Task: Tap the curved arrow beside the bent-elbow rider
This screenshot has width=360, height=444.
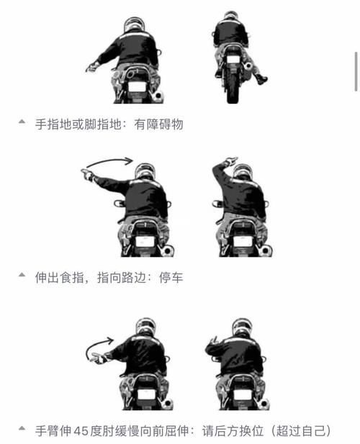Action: click(97, 347)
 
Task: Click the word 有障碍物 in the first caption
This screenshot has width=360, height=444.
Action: click(159, 124)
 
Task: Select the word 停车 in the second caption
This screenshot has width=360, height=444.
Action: click(171, 276)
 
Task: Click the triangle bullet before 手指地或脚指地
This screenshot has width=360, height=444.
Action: click(22, 123)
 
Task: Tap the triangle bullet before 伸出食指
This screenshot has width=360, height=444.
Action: click(22, 276)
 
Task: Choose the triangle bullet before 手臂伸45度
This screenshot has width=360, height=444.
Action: click(22, 430)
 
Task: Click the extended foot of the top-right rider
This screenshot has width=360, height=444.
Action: click(261, 79)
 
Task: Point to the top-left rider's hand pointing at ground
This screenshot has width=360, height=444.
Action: click(91, 68)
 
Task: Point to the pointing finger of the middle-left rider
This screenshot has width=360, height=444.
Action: click(86, 173)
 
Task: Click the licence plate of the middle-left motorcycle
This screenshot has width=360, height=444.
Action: click(145, 242)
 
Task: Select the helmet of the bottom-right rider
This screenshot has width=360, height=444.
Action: click(240, 325)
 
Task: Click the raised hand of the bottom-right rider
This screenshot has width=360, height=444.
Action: click(212, 340)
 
